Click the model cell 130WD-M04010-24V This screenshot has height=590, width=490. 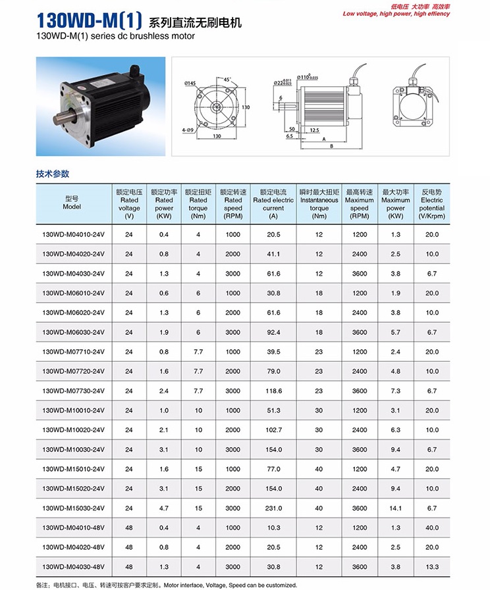click(73, 235)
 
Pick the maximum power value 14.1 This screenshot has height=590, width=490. click(395, 508)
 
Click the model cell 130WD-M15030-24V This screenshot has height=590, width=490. click(73, 508)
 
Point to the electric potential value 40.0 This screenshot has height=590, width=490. click(431, 528)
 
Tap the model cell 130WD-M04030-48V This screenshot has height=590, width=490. click(73, 566)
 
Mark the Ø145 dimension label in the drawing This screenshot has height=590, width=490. click(191, 83)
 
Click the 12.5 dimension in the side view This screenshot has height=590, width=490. click(315, 130)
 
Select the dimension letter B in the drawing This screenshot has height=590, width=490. click(331, 146)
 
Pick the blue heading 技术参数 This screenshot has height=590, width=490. click(52, 174)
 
